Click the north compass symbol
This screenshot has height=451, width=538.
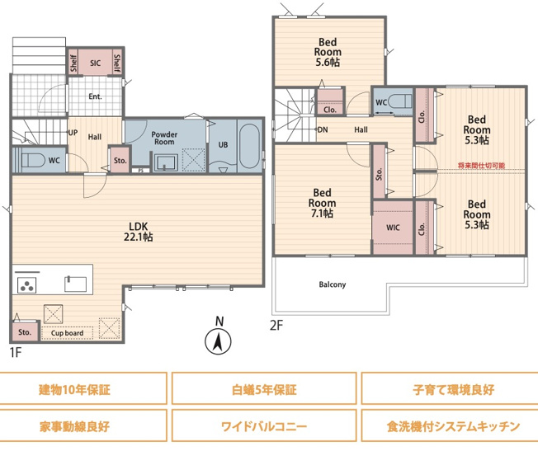218,340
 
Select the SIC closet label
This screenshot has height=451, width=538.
95,63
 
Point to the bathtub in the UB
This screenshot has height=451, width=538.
248,147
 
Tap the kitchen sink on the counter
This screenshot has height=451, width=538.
74,284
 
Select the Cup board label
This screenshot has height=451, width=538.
67,333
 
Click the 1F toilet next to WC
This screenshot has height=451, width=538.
30,159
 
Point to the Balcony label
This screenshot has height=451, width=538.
332,285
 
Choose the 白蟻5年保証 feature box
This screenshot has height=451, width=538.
264,388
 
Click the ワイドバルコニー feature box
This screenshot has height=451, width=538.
264,427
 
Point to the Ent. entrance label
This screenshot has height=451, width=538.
96,96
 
